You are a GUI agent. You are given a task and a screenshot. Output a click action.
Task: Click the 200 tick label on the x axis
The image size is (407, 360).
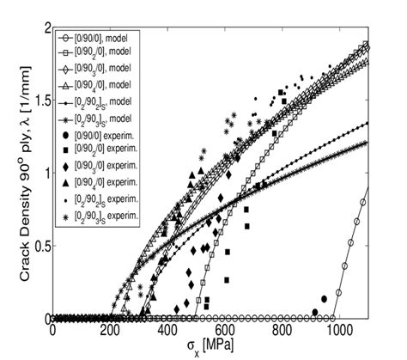pyautogui.click(x=110, y=328)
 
